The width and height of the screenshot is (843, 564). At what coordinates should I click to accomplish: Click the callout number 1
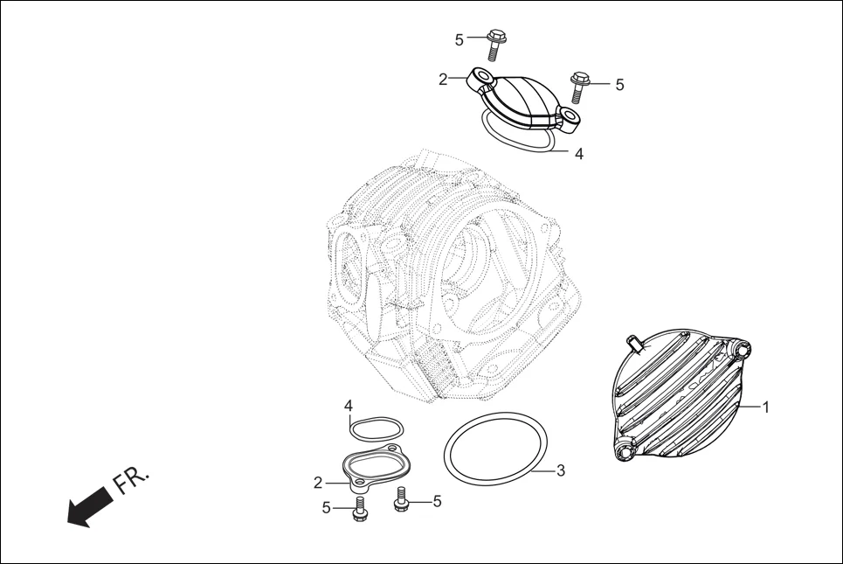pos(766,407)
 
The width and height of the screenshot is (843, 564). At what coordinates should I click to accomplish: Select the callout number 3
pos(561,470)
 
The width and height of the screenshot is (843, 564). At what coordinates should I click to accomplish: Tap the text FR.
pos(131,480)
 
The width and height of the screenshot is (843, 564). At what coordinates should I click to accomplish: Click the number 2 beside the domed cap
pos(443,80)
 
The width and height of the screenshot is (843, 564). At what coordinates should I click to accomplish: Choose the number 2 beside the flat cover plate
pos(318,483)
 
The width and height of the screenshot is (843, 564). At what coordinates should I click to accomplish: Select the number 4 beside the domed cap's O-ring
pos(578,154)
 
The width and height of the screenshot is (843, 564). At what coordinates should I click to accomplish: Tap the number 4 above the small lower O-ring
pos(348,407)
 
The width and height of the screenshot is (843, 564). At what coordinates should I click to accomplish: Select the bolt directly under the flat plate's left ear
pos(359,510)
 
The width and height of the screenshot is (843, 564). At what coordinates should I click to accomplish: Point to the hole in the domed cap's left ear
pos(481,77)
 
